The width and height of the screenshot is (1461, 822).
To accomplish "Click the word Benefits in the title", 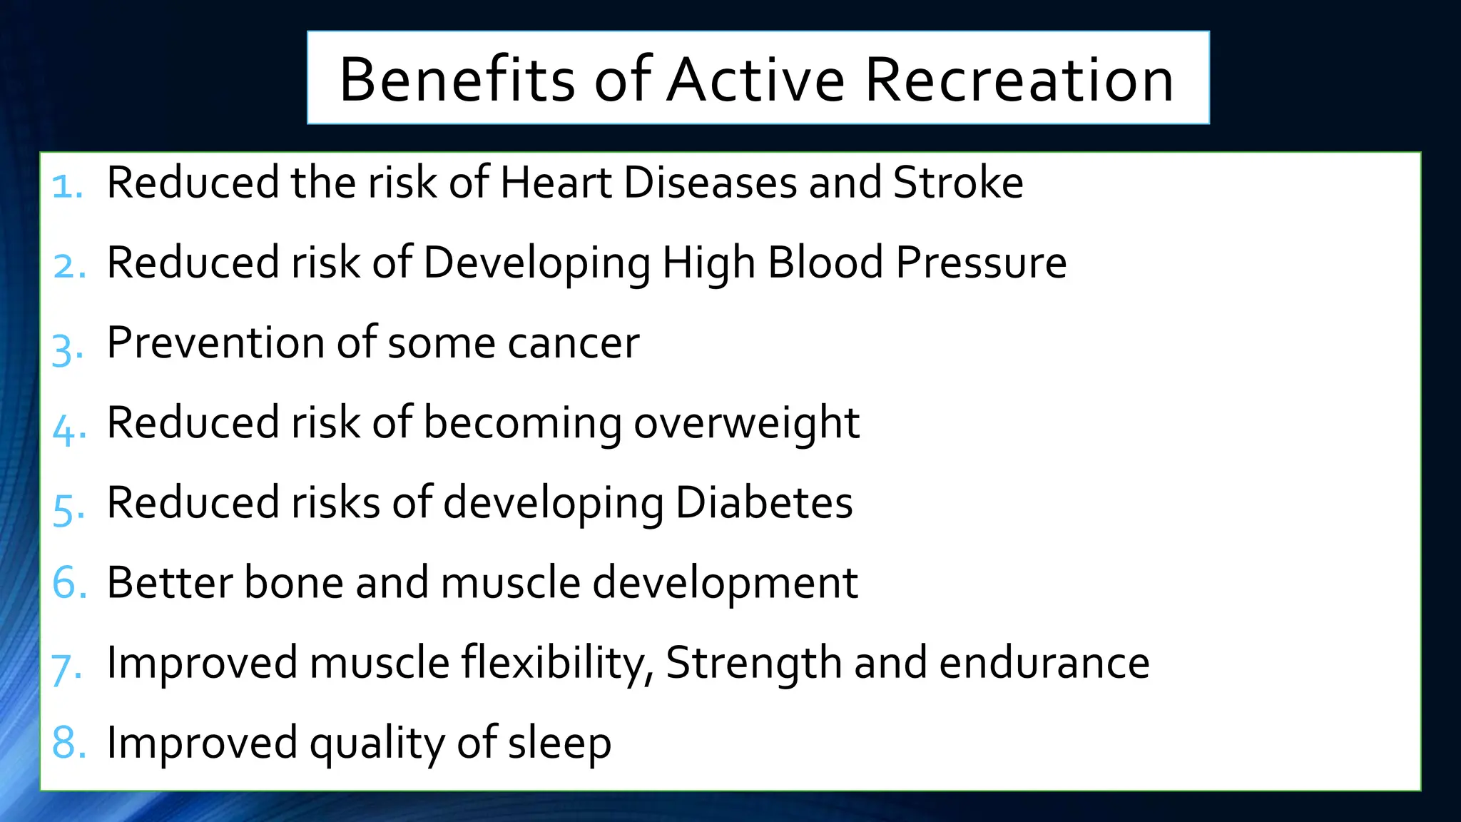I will [457, 79].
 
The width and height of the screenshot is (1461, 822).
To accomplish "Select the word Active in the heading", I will [755, 79].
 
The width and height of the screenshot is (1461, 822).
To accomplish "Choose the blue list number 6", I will [68, 583].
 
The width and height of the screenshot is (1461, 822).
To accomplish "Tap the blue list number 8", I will [68, 743].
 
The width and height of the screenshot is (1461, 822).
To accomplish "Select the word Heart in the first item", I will [556, 183].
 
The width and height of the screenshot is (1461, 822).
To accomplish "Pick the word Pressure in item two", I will [981, 263].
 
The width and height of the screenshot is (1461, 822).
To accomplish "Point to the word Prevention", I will [215, 343].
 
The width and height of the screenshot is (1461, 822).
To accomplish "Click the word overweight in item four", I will [746, 423].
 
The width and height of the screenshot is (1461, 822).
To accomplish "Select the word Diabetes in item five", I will [763, 503].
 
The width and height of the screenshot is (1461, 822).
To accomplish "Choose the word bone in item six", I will [294, 583].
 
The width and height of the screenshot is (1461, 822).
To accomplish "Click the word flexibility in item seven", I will [557, 664].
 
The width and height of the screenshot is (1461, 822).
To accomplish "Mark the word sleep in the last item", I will [559, 744].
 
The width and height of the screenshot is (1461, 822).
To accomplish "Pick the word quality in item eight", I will [377, 744].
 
